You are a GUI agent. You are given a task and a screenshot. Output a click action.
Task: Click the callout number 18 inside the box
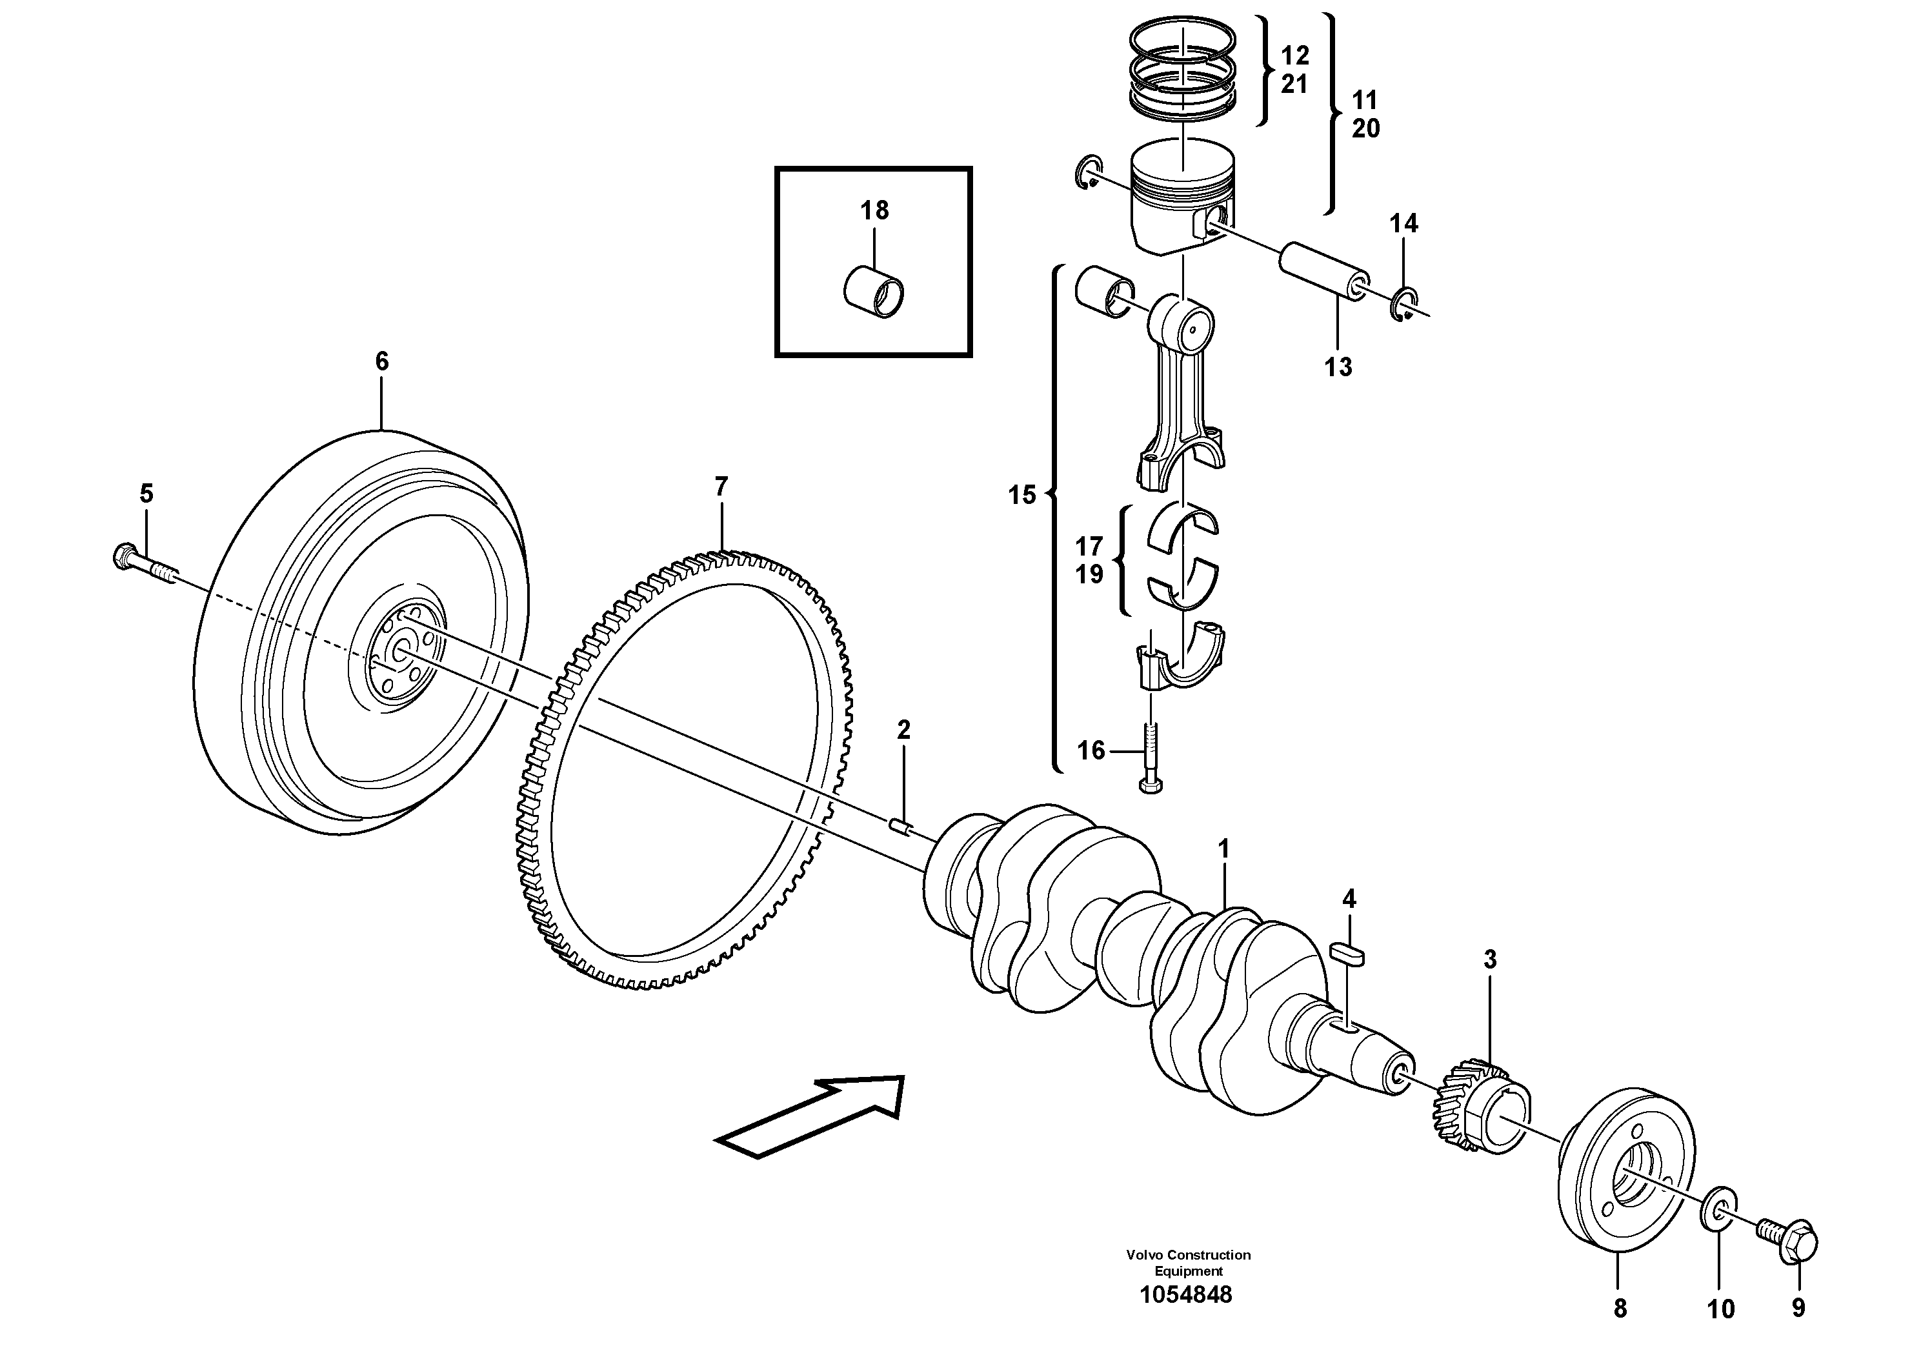point(874,210)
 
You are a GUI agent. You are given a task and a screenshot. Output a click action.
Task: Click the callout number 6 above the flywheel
point(381,361)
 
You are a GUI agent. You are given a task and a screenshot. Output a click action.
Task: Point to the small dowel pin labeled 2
point(900,827)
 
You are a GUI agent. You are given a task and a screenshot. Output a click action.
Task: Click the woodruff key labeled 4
point(1347,951)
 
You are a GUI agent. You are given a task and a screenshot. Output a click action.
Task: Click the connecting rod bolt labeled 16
point(1151,757)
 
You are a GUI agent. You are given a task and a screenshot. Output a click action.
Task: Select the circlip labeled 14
point(1404,305)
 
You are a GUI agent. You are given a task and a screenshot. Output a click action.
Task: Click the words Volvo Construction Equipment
point(1188,1262)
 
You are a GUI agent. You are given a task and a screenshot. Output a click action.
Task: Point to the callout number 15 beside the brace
point(1021,496)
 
